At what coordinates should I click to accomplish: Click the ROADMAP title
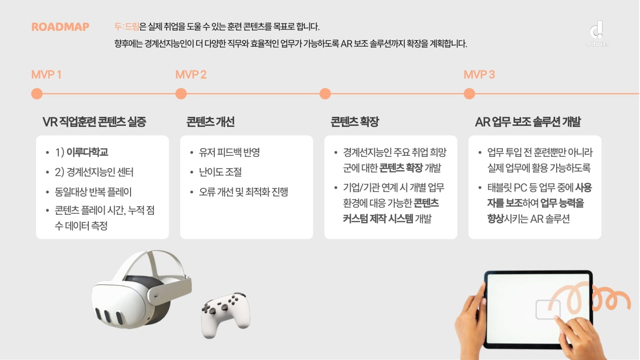pos(60,27)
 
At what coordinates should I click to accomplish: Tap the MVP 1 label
pos(46,75)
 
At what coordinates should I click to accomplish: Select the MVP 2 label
pos(191,75)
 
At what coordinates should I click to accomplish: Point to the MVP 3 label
pos(479,75)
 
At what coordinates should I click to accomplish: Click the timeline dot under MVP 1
pos(37,94)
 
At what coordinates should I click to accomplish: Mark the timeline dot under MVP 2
pos(181,94)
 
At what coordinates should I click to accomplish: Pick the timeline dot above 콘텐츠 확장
pos(325,94)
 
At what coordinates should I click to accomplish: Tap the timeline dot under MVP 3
pos(469,94)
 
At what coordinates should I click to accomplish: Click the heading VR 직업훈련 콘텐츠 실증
pos(94,122)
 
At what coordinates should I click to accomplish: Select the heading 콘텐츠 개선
pos(210,122)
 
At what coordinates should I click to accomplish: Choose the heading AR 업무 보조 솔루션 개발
pos(528,122)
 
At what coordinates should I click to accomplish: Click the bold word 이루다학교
pos(87,152)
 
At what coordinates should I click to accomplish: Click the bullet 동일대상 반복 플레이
pos(93,192)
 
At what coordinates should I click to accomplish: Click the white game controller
pos(226,314)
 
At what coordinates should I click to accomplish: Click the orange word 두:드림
pos(127,27)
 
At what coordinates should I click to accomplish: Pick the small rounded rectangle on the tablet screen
pos(548,310)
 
